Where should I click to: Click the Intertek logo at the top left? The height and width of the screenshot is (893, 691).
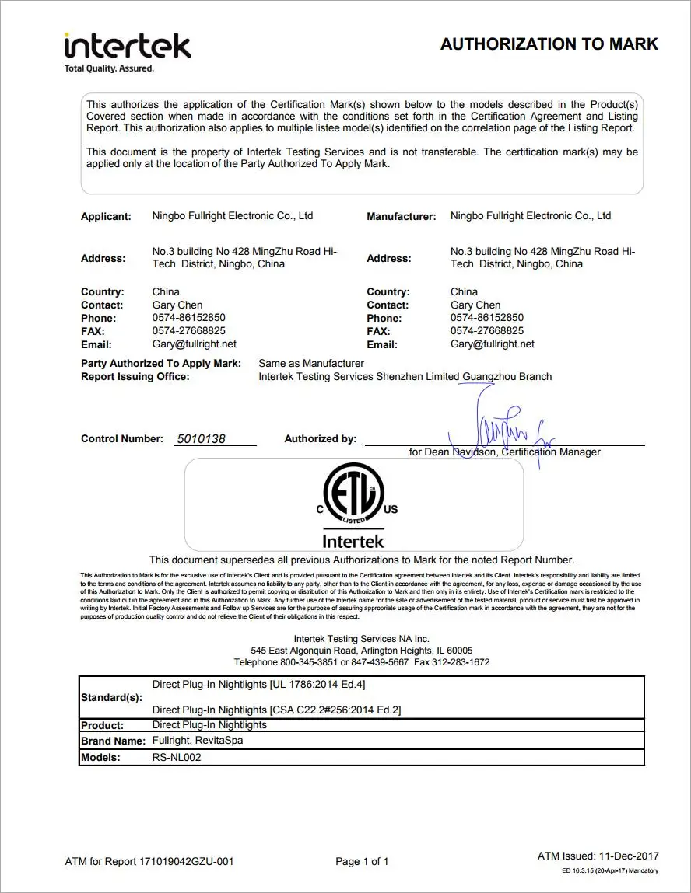pyautogui.click(x=127, y=46)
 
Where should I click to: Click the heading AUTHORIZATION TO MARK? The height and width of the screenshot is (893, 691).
pyautogui.click(x=549, y=44)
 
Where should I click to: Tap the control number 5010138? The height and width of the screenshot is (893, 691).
pyautogui.click(x=201, y=438)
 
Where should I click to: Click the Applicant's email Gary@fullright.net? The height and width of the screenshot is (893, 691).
pyautogui.click(x=194, y=344)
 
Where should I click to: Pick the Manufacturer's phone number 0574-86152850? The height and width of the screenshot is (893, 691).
pyautogui.click(x=486, y=317)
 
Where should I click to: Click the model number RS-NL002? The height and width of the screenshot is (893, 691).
pyautogui.click(x=177, y=757)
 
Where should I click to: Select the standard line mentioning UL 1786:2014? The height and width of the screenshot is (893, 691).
pyautogui.click(x=258, y=685)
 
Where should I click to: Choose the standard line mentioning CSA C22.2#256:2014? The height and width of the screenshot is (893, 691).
pyautogui.click(x=276, y=710)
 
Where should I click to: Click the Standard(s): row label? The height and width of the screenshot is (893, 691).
pyautogui.click(x=111, y=697)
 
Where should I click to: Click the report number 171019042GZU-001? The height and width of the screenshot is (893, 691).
pyautogui.click(x=186, y=861)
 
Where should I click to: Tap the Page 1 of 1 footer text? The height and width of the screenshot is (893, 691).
pyautogui.click(x=362, y=861)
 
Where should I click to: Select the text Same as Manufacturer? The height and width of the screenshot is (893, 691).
pyautogui.click(x=310, y=363)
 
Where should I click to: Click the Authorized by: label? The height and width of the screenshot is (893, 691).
pyautogui.click(x=320, y=438)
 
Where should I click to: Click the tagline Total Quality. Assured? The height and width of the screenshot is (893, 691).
pyautogui.click(x=109, y=68)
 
